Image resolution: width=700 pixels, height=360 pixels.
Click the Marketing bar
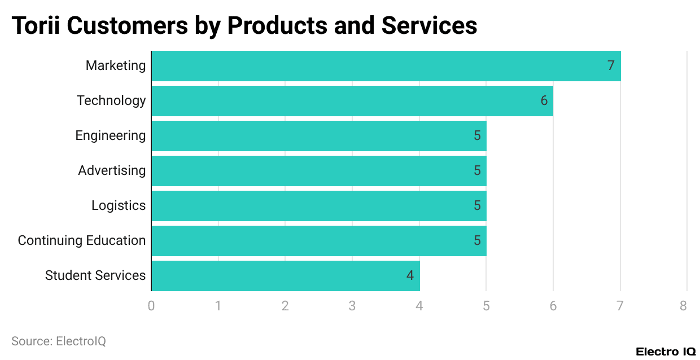386,66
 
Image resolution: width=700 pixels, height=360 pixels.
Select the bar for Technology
352,101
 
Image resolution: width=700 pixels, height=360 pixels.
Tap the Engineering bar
319,136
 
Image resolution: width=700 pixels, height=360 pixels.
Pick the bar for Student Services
286,276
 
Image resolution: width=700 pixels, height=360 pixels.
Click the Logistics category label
119,206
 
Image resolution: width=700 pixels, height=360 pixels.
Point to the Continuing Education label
82,241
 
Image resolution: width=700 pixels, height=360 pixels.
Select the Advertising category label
112,171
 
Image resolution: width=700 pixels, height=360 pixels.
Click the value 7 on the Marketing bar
610,66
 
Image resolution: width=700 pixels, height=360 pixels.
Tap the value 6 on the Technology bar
544,101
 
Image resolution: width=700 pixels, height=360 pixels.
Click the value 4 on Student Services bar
410,276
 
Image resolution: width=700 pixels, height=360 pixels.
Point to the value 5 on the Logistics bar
477,206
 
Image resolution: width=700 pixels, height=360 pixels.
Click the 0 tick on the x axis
151,306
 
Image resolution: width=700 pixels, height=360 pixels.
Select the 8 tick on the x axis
684,306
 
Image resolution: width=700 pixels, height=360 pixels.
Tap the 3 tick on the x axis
352,306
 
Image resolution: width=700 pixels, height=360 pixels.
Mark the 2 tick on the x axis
285,306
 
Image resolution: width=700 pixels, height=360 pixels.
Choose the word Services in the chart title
429,26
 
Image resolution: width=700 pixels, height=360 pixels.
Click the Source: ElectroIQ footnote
59,341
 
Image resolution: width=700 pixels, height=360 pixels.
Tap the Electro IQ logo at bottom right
666,352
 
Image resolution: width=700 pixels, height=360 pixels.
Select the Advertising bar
319,171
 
